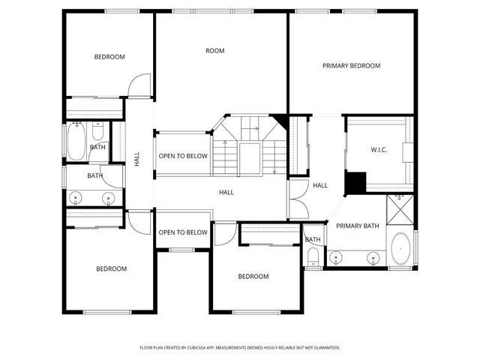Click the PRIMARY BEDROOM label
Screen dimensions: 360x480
351,66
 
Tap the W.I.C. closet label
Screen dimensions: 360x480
379,150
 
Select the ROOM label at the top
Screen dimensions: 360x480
215,51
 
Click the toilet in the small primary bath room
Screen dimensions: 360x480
313,258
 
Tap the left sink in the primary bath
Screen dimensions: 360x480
337,258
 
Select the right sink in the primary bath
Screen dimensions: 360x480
373,258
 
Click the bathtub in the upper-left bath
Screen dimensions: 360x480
76,142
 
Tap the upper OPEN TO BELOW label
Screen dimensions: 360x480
182,157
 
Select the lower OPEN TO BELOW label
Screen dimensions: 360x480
182,232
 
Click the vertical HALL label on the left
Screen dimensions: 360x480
137,159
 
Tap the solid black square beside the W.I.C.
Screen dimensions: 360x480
355,182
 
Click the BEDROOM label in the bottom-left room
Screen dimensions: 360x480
111,268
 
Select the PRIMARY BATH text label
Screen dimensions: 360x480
357,226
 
